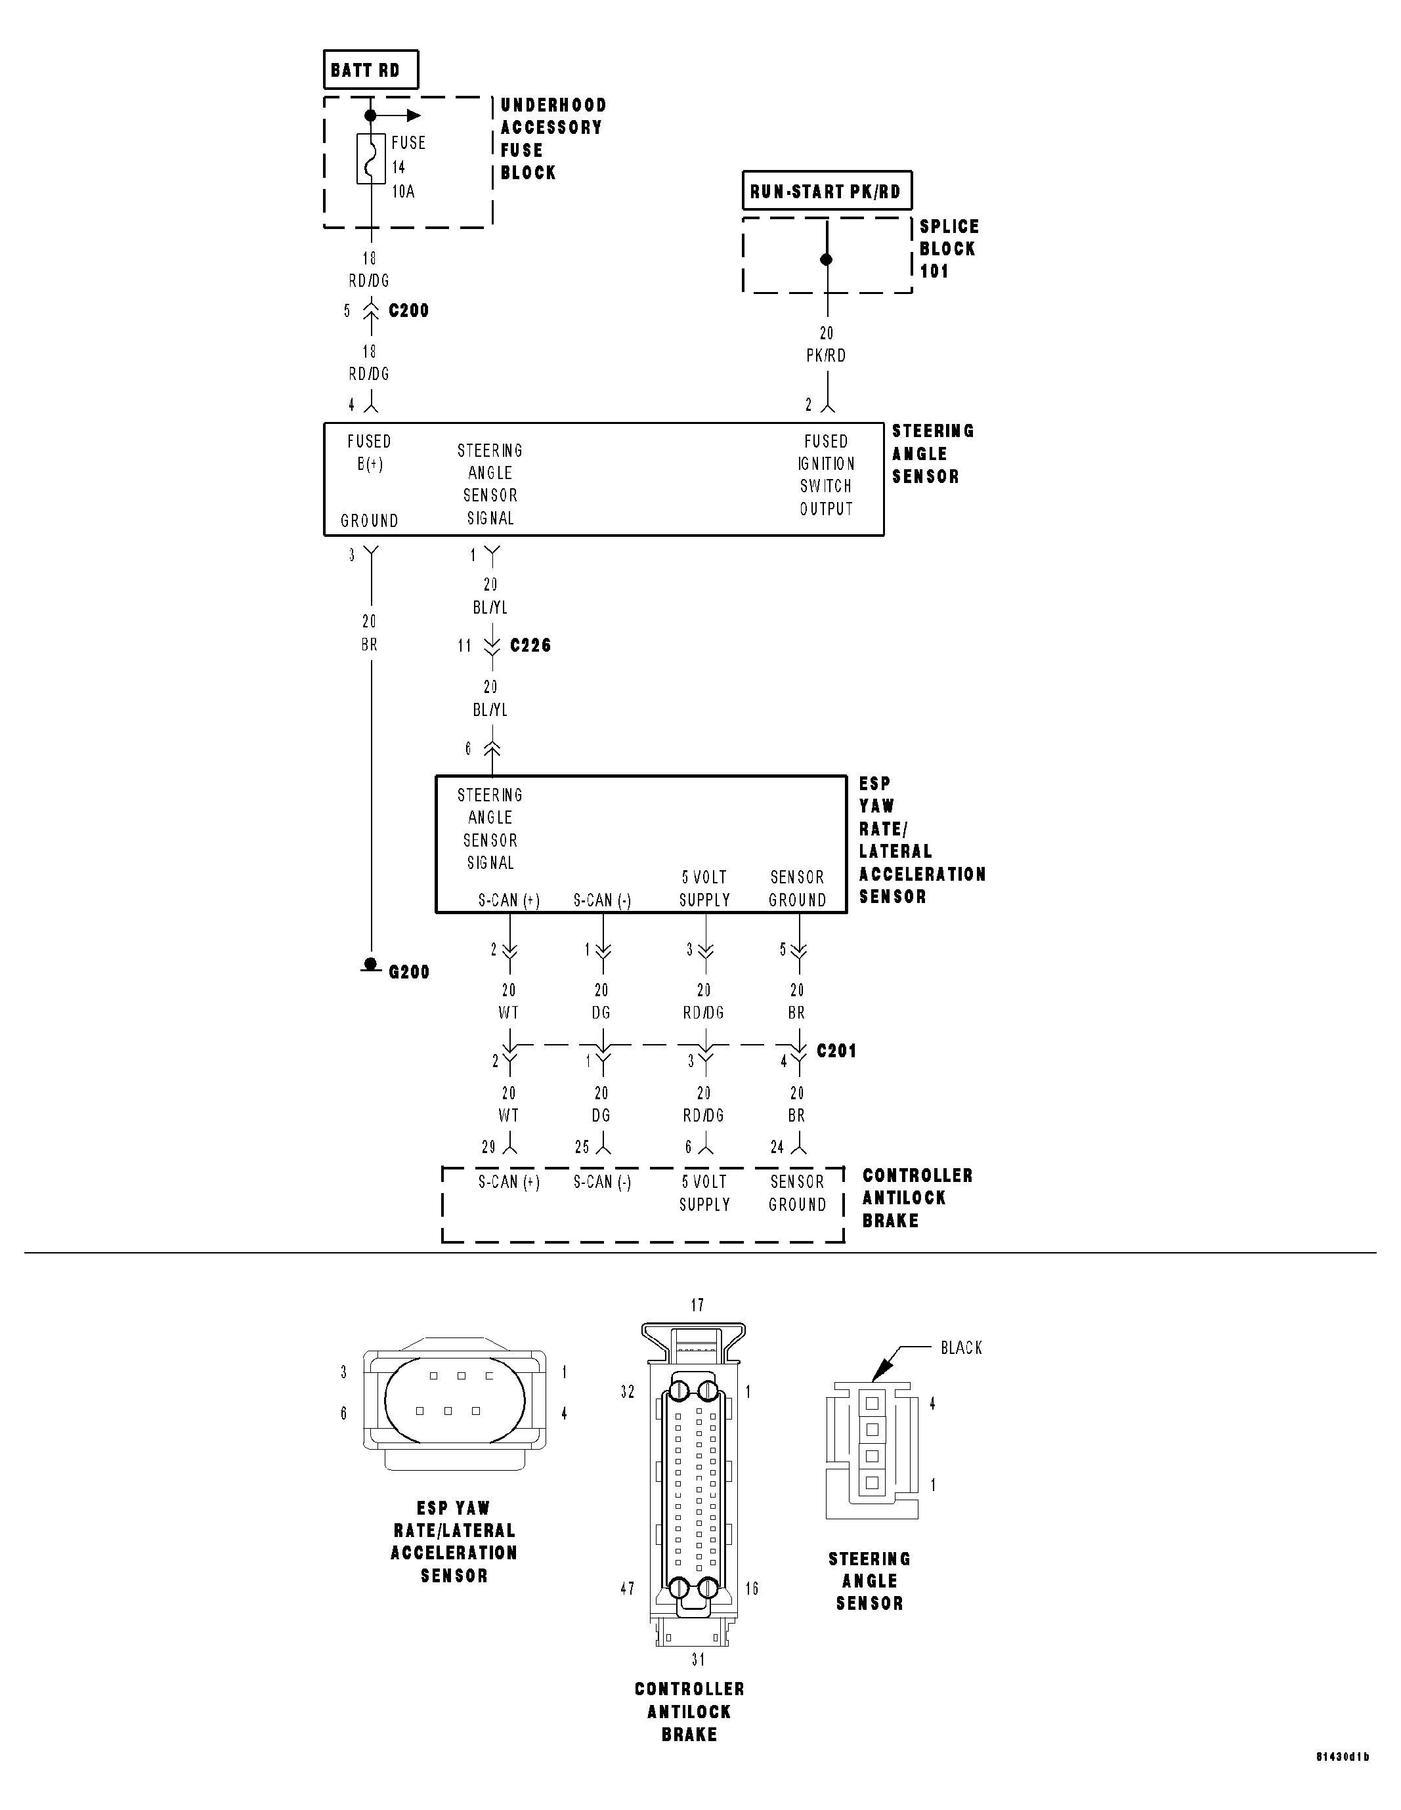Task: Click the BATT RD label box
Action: point(370,70)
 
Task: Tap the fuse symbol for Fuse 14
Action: point(370,158)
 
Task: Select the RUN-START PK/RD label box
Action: point(826,192)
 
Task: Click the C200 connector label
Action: point(409,311)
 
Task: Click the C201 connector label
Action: point(836,1051)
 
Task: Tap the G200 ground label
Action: point(409,972)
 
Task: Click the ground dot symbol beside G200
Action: point(370,965)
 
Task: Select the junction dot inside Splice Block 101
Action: point(826,259)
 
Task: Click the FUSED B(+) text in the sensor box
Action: point(369,453)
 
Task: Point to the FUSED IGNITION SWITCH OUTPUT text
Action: point(826,475)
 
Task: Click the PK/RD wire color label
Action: point(826,356)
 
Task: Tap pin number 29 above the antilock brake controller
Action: point(489,1147)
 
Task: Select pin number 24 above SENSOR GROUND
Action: point(777,1147)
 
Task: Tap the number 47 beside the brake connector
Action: point(627,1589)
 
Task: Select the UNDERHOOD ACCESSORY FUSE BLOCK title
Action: point(553,139)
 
